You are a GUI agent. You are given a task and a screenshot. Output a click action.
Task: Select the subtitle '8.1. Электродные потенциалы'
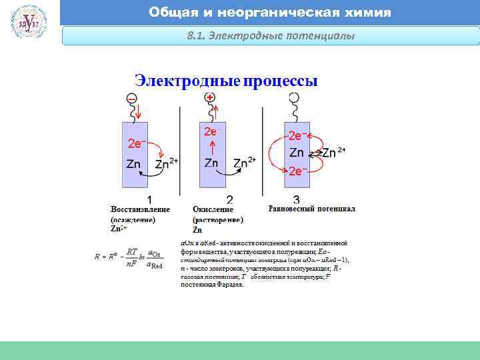(x=271, y=35)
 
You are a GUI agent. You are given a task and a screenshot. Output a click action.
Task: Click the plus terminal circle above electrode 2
(x=210, y=97)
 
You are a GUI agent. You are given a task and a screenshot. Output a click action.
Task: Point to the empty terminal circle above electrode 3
(x=293, y=98)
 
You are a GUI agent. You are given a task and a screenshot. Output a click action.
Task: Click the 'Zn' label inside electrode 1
(x=133, y=163)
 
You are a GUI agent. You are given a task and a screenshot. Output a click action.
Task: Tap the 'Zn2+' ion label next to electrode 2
(x=244, y=163)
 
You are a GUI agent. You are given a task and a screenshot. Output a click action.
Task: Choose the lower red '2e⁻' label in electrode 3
(x=298, y=171)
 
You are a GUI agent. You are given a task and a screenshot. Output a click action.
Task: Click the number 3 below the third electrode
(x=295, y=199)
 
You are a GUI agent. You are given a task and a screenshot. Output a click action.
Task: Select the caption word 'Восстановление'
(x=140, y=209)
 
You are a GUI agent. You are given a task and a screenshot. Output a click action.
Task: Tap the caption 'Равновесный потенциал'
(x=312, y=209)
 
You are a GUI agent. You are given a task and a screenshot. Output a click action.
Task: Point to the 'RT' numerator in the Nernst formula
(x=132, y=251)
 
